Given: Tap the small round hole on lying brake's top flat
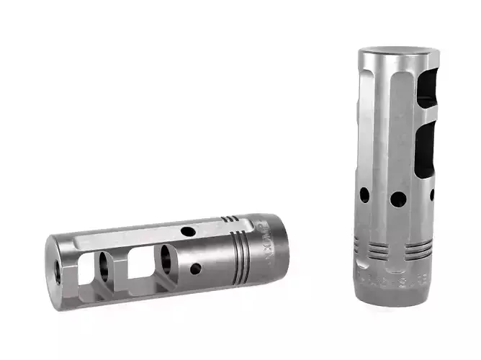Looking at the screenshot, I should coord(189,232).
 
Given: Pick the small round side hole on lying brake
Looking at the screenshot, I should coord(195,269).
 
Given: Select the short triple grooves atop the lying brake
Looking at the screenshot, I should coord(230,218).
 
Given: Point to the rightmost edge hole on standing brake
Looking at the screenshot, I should coord(432,194).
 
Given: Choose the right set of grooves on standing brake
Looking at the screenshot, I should coord(418,249).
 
